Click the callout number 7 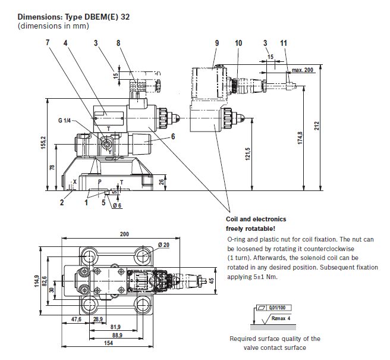coord(47,43)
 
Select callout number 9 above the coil coord(217,43)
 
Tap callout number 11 coord(284,43)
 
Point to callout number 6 coord(173,136)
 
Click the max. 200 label coord(302,70)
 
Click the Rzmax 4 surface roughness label coord(280,318)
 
